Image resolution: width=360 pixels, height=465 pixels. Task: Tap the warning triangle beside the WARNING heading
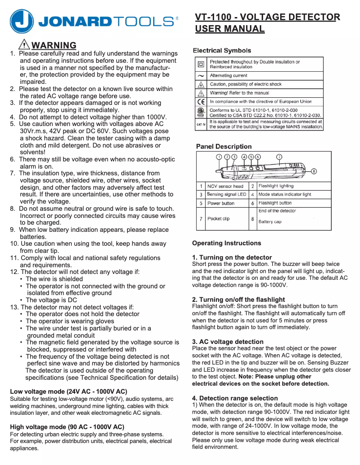pyautogui.click(x=24, y=44)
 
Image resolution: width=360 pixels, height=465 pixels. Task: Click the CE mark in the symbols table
pyautogui.click(x=201, y=102)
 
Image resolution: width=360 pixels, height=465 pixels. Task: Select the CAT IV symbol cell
pyautogui.click(x=201, y=124)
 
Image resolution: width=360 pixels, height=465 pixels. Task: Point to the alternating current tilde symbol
pyautogui.click(x=201, y=76)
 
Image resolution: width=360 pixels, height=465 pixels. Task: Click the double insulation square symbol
pyautogui.click(x=201, y=64)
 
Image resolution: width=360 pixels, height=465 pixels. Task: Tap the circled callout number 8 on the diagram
pyautogui.click(x=314, y=171)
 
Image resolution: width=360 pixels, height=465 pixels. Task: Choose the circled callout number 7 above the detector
pyautogui.click(x=279, y=157)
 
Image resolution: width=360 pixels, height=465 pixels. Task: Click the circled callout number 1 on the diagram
pyautogui.click(x=219, y=157)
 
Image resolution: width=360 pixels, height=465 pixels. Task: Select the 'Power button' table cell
pyautogui.click(x=221, y=203)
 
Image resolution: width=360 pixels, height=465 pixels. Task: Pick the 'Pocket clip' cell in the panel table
pyautogui.click(x=219, y=219)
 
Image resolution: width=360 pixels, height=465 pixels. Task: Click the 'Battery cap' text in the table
pyautogui.click(x=270, y=222)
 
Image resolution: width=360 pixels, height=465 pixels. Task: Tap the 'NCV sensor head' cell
pyautogui.click(x=225, y=186)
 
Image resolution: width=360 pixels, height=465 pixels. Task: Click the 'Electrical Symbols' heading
pyautogui.click(x=222, y=50)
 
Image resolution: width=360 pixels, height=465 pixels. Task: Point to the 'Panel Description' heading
pyautogui.click(x=224, y=147)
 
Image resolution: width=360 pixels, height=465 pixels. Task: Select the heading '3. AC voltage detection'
pyautogui.click(x=228, y=342)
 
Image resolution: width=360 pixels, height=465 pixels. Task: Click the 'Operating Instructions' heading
pyautogui.click(x=226, y=243)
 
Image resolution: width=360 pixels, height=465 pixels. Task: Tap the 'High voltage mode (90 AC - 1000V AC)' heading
pyautogui.click(x=67, y=426)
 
